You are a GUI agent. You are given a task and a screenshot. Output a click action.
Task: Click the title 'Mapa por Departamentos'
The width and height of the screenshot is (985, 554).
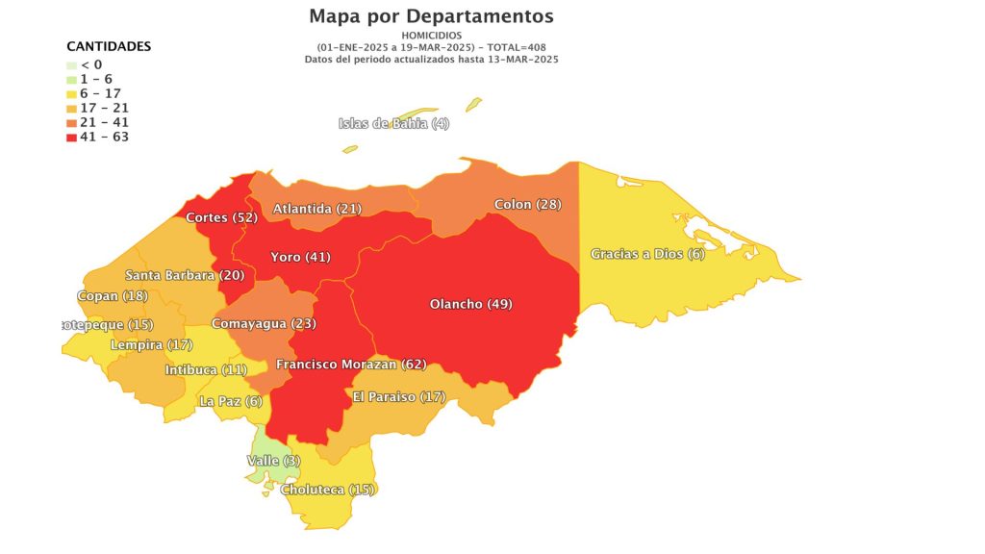click(431, 16)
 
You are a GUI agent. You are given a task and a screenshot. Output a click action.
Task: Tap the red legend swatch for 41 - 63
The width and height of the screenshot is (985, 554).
click(71, 138)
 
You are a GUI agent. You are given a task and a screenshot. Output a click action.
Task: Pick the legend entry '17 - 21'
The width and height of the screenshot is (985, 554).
click(104, 108)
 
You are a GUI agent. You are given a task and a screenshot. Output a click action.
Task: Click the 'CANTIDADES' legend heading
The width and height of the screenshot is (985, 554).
click(109, 46)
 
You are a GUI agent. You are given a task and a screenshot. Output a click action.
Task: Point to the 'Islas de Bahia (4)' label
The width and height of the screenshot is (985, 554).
click(393, 123)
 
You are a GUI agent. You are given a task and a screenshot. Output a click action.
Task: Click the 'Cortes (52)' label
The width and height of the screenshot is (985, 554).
click(221, 217)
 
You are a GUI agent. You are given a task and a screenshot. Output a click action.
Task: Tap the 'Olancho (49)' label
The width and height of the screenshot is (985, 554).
click(470, 304)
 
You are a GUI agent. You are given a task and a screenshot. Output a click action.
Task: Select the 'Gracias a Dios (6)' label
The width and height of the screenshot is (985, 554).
click(647, 254)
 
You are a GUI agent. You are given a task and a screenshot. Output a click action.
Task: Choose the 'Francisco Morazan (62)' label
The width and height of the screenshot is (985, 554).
click(350, 365)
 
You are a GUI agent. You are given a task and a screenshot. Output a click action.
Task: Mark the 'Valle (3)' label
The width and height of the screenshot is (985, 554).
click(273, 461)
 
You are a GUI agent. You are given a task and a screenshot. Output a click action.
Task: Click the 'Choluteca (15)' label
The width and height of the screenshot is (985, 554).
click(327, 490)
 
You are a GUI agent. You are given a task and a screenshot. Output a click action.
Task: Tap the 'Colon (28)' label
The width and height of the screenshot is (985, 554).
click(527, 205)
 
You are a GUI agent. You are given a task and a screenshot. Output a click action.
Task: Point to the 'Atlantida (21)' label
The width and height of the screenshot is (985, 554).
click(316, 209)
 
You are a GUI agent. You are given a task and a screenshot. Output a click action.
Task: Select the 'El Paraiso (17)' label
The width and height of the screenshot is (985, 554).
click(398, 396)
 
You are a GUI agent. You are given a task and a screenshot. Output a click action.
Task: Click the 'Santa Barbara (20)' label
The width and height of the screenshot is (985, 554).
click(185, 275)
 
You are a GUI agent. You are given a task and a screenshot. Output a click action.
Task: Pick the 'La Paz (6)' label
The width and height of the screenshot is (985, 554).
click(230, 401)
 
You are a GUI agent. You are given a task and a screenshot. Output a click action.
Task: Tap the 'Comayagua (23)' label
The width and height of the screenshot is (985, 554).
click(264, 323)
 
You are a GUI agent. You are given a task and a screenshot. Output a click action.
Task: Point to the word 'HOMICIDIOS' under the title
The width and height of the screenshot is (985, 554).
click(431, 36)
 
